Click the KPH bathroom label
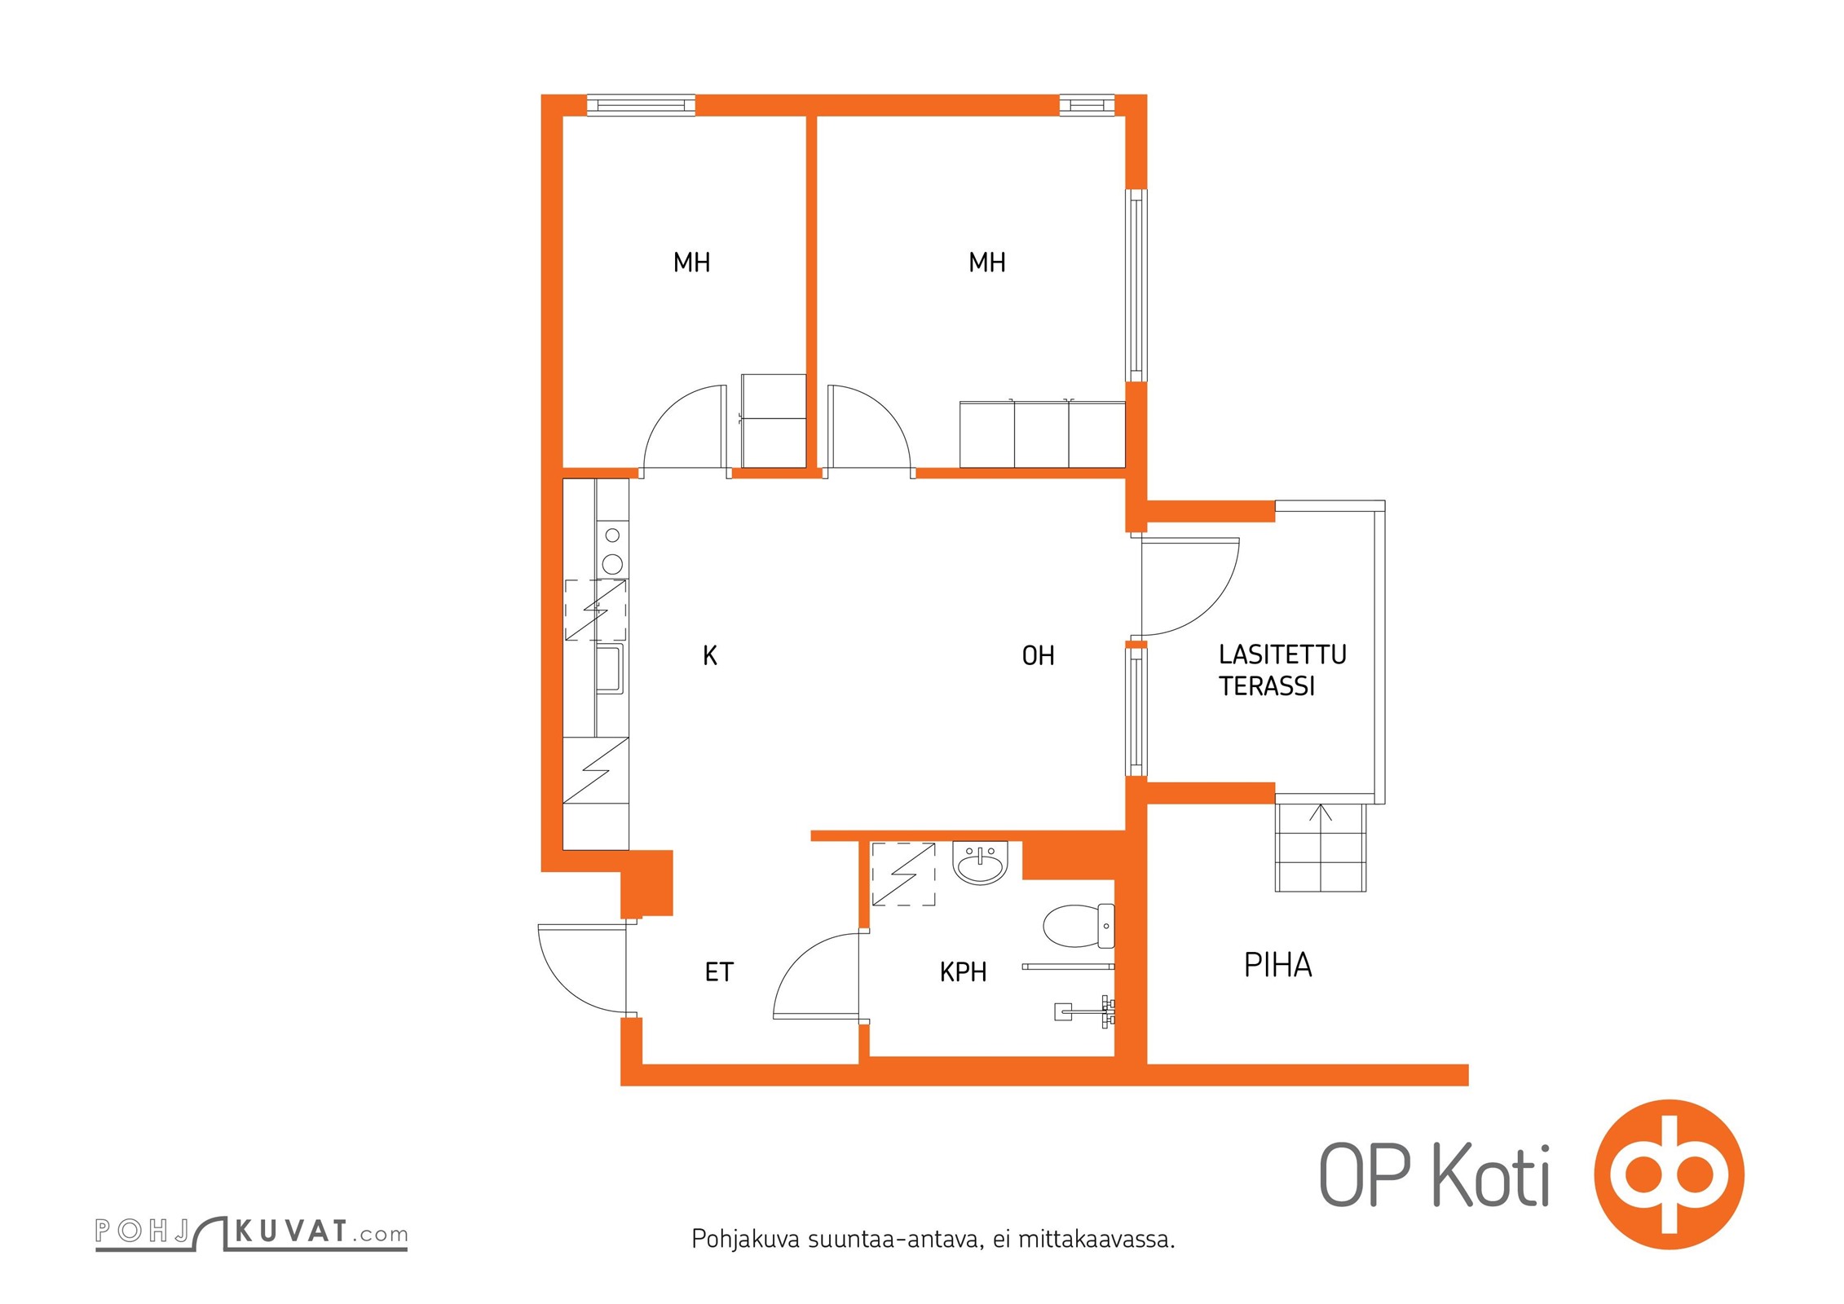coord(963,972)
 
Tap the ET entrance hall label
coord(719,972)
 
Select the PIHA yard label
coord(1277,965)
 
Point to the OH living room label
coord(1038,656)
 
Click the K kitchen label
coord(710,656)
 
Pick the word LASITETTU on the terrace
coord(1282,654)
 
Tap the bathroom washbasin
coord(981,862)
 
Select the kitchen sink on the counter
coord(610,669)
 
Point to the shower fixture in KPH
coord(1085,1011)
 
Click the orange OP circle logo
coord(1670,1174)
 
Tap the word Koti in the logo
coord(1491,1175)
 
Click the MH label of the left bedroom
coord(691,262)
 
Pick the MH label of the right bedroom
coord(986,262)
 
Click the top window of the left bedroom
coord(641,105)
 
